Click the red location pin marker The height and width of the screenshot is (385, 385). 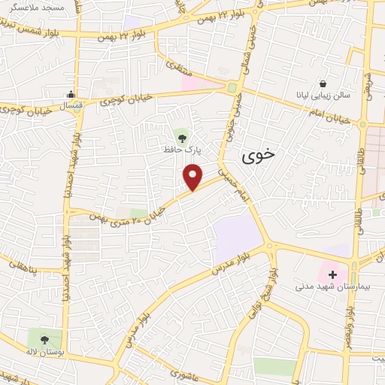(193, 177)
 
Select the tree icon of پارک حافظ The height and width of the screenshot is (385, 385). (180, 136)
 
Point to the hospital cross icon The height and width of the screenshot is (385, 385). (332, 274)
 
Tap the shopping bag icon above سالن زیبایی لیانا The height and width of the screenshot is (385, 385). (323, 83)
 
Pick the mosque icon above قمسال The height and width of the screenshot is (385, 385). (71, 95)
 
